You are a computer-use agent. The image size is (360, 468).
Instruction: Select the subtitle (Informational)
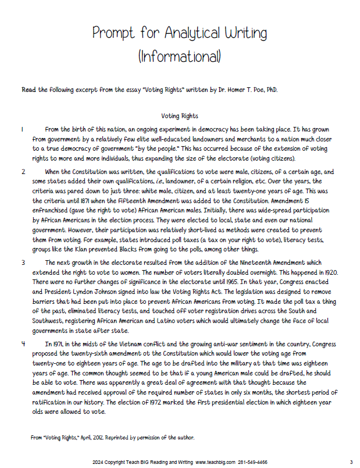coord(180,56)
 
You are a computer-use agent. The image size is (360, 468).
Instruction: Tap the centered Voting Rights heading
coord(180,116)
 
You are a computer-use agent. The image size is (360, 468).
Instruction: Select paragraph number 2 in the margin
coord(23,172)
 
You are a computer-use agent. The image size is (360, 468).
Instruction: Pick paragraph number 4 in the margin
coord(23,343)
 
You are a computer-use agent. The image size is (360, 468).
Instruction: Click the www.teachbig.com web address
coord(215,462)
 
